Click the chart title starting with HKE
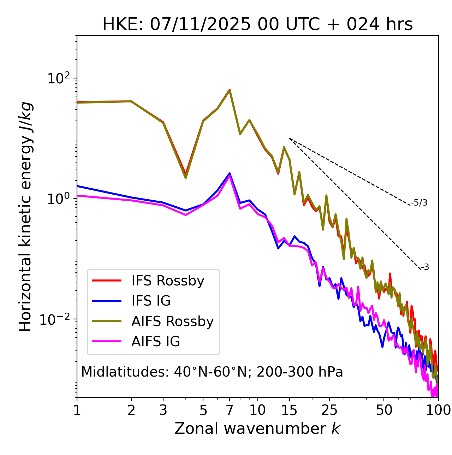coord(257,25)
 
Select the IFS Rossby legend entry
coord(168,281)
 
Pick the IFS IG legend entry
coord(151,301)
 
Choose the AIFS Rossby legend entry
coord(172,321)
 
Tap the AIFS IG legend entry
coord(156,342)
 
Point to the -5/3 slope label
coord(419,203)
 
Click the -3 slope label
coord(425,267)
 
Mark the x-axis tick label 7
coord(230,410)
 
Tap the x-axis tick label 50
coord(384,410)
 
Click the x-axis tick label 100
coord(438,410)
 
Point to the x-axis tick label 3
coord(163,410)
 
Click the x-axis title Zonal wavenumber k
coord(257,429)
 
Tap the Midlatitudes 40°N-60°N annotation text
coord(212,372)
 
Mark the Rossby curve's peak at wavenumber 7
coord(230,90)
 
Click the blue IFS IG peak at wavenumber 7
coord(230,173)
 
